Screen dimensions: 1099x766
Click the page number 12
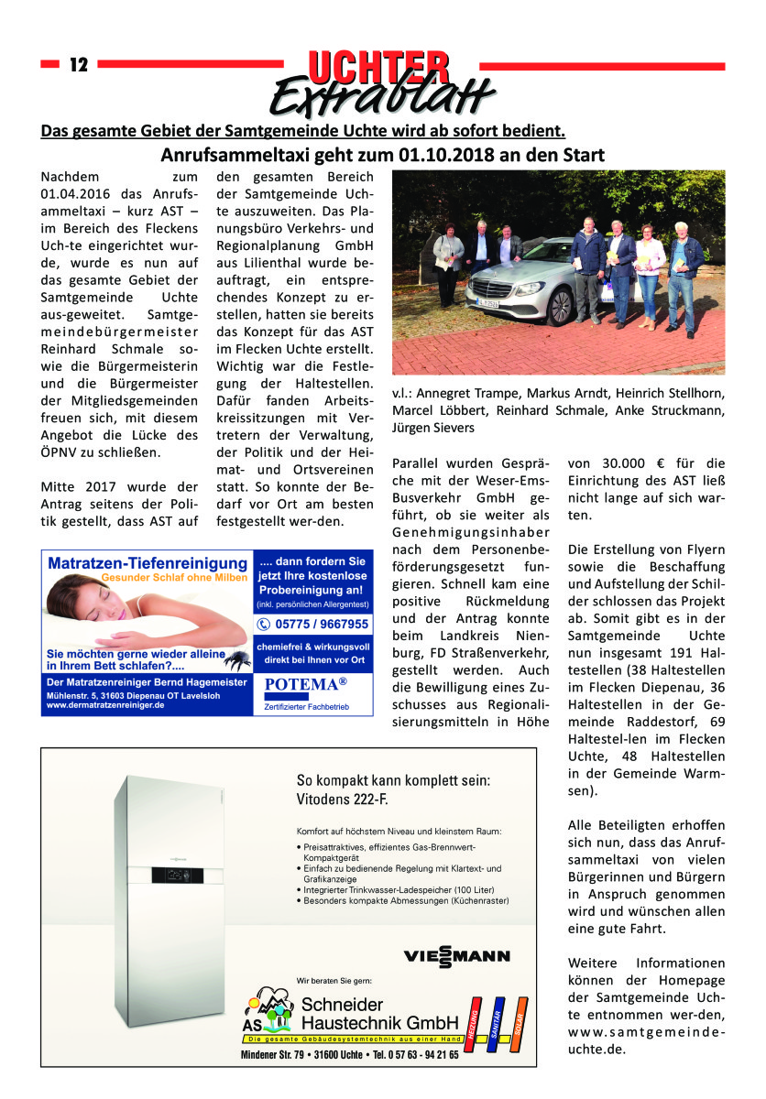[x=78, y=65]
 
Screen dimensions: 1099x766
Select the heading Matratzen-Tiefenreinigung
[x=148, y=562]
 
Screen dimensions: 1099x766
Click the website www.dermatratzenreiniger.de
[x=104, y=706]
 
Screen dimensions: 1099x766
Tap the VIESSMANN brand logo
[x=456, y=958]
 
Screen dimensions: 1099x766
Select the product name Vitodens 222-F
[x=343, y=802]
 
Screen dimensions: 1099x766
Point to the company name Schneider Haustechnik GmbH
[x=380, y=1014]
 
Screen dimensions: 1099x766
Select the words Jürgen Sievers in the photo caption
[x=435, y=428]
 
